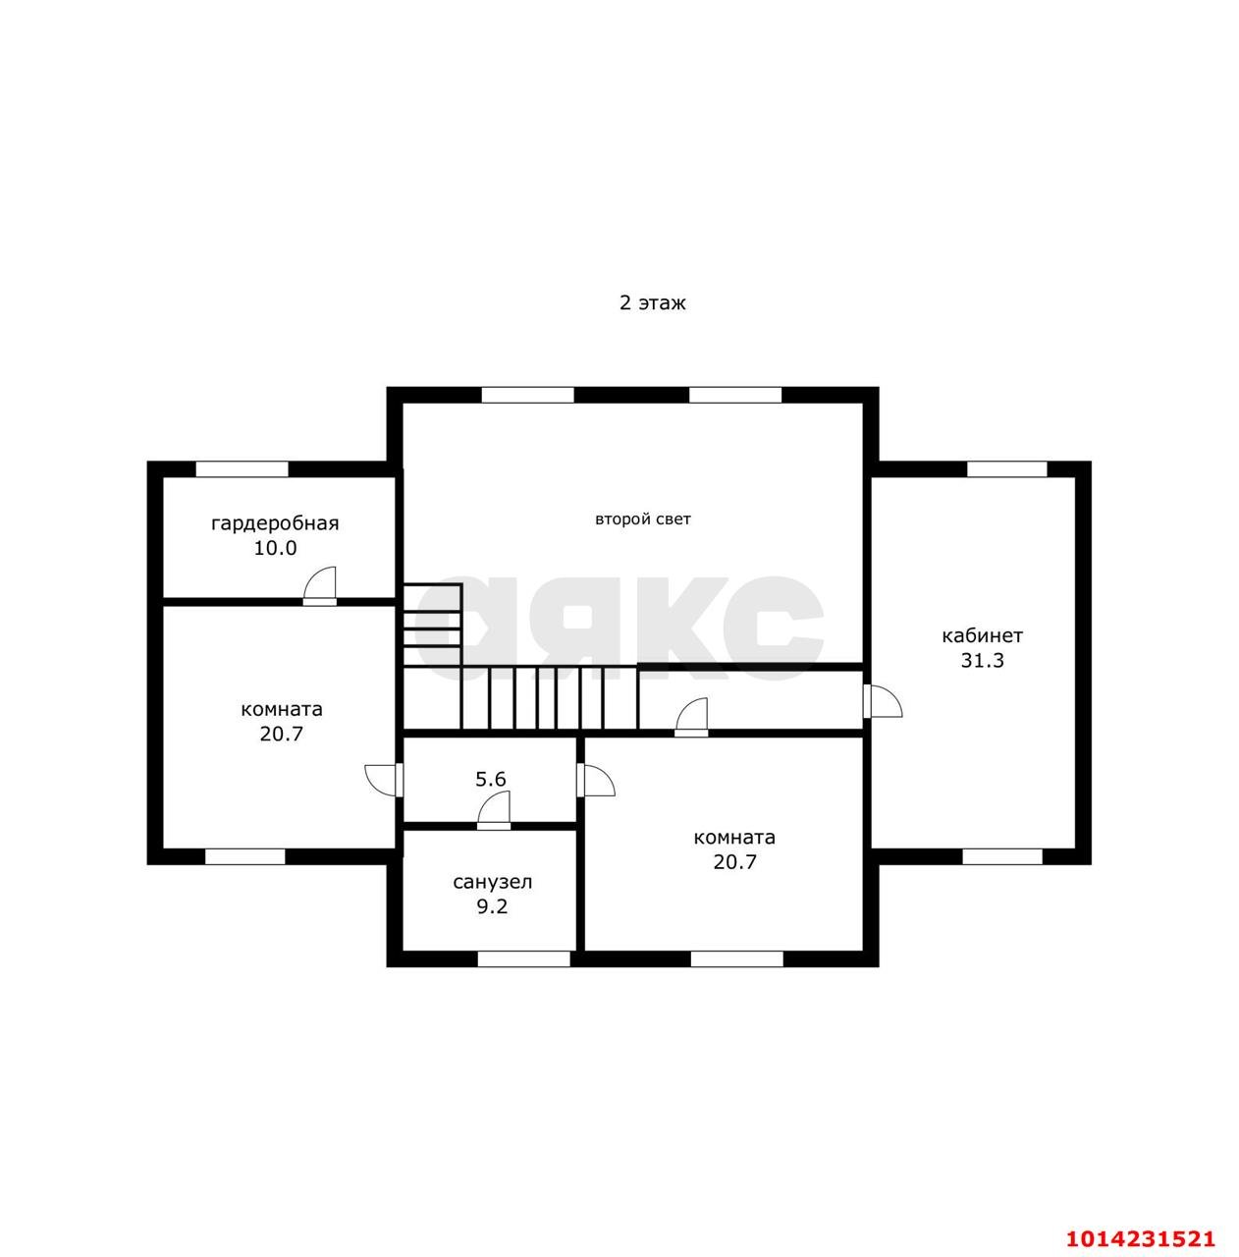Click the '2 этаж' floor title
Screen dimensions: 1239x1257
click(x=652, y=303)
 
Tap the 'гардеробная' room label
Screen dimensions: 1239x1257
click(x=275, y=523)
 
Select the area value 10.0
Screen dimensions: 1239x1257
click(x=275, y=549)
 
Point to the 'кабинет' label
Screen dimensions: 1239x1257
click(x=981, y=636)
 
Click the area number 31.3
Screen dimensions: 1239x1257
click(x=981, y=661)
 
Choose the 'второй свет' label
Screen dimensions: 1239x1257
click(x=642, y=519)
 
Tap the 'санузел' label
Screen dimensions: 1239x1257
click(x=492, y=883)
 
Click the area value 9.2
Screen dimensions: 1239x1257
click(x=492, y=906)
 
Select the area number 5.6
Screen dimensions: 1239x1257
click(x=491, y=780)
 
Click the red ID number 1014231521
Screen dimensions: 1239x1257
click(x=1140, y=1238)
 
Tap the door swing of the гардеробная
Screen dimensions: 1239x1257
click(x=320, y=585)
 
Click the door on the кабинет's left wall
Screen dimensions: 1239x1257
click(x=882, y=700)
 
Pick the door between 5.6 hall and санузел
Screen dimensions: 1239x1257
click(x=494, y=810)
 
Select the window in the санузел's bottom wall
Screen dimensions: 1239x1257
click(x=523, y=958)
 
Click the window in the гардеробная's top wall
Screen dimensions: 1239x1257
click(x=242, y=469)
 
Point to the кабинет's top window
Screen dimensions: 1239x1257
click(x=1006, y=469)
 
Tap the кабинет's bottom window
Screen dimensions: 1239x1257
click(x=1002, y=857)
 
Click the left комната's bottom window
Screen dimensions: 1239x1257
click(x=245, y=857)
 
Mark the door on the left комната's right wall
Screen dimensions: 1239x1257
click(x=384, y=780)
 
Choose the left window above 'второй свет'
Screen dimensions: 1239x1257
click(x=528, y=395)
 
